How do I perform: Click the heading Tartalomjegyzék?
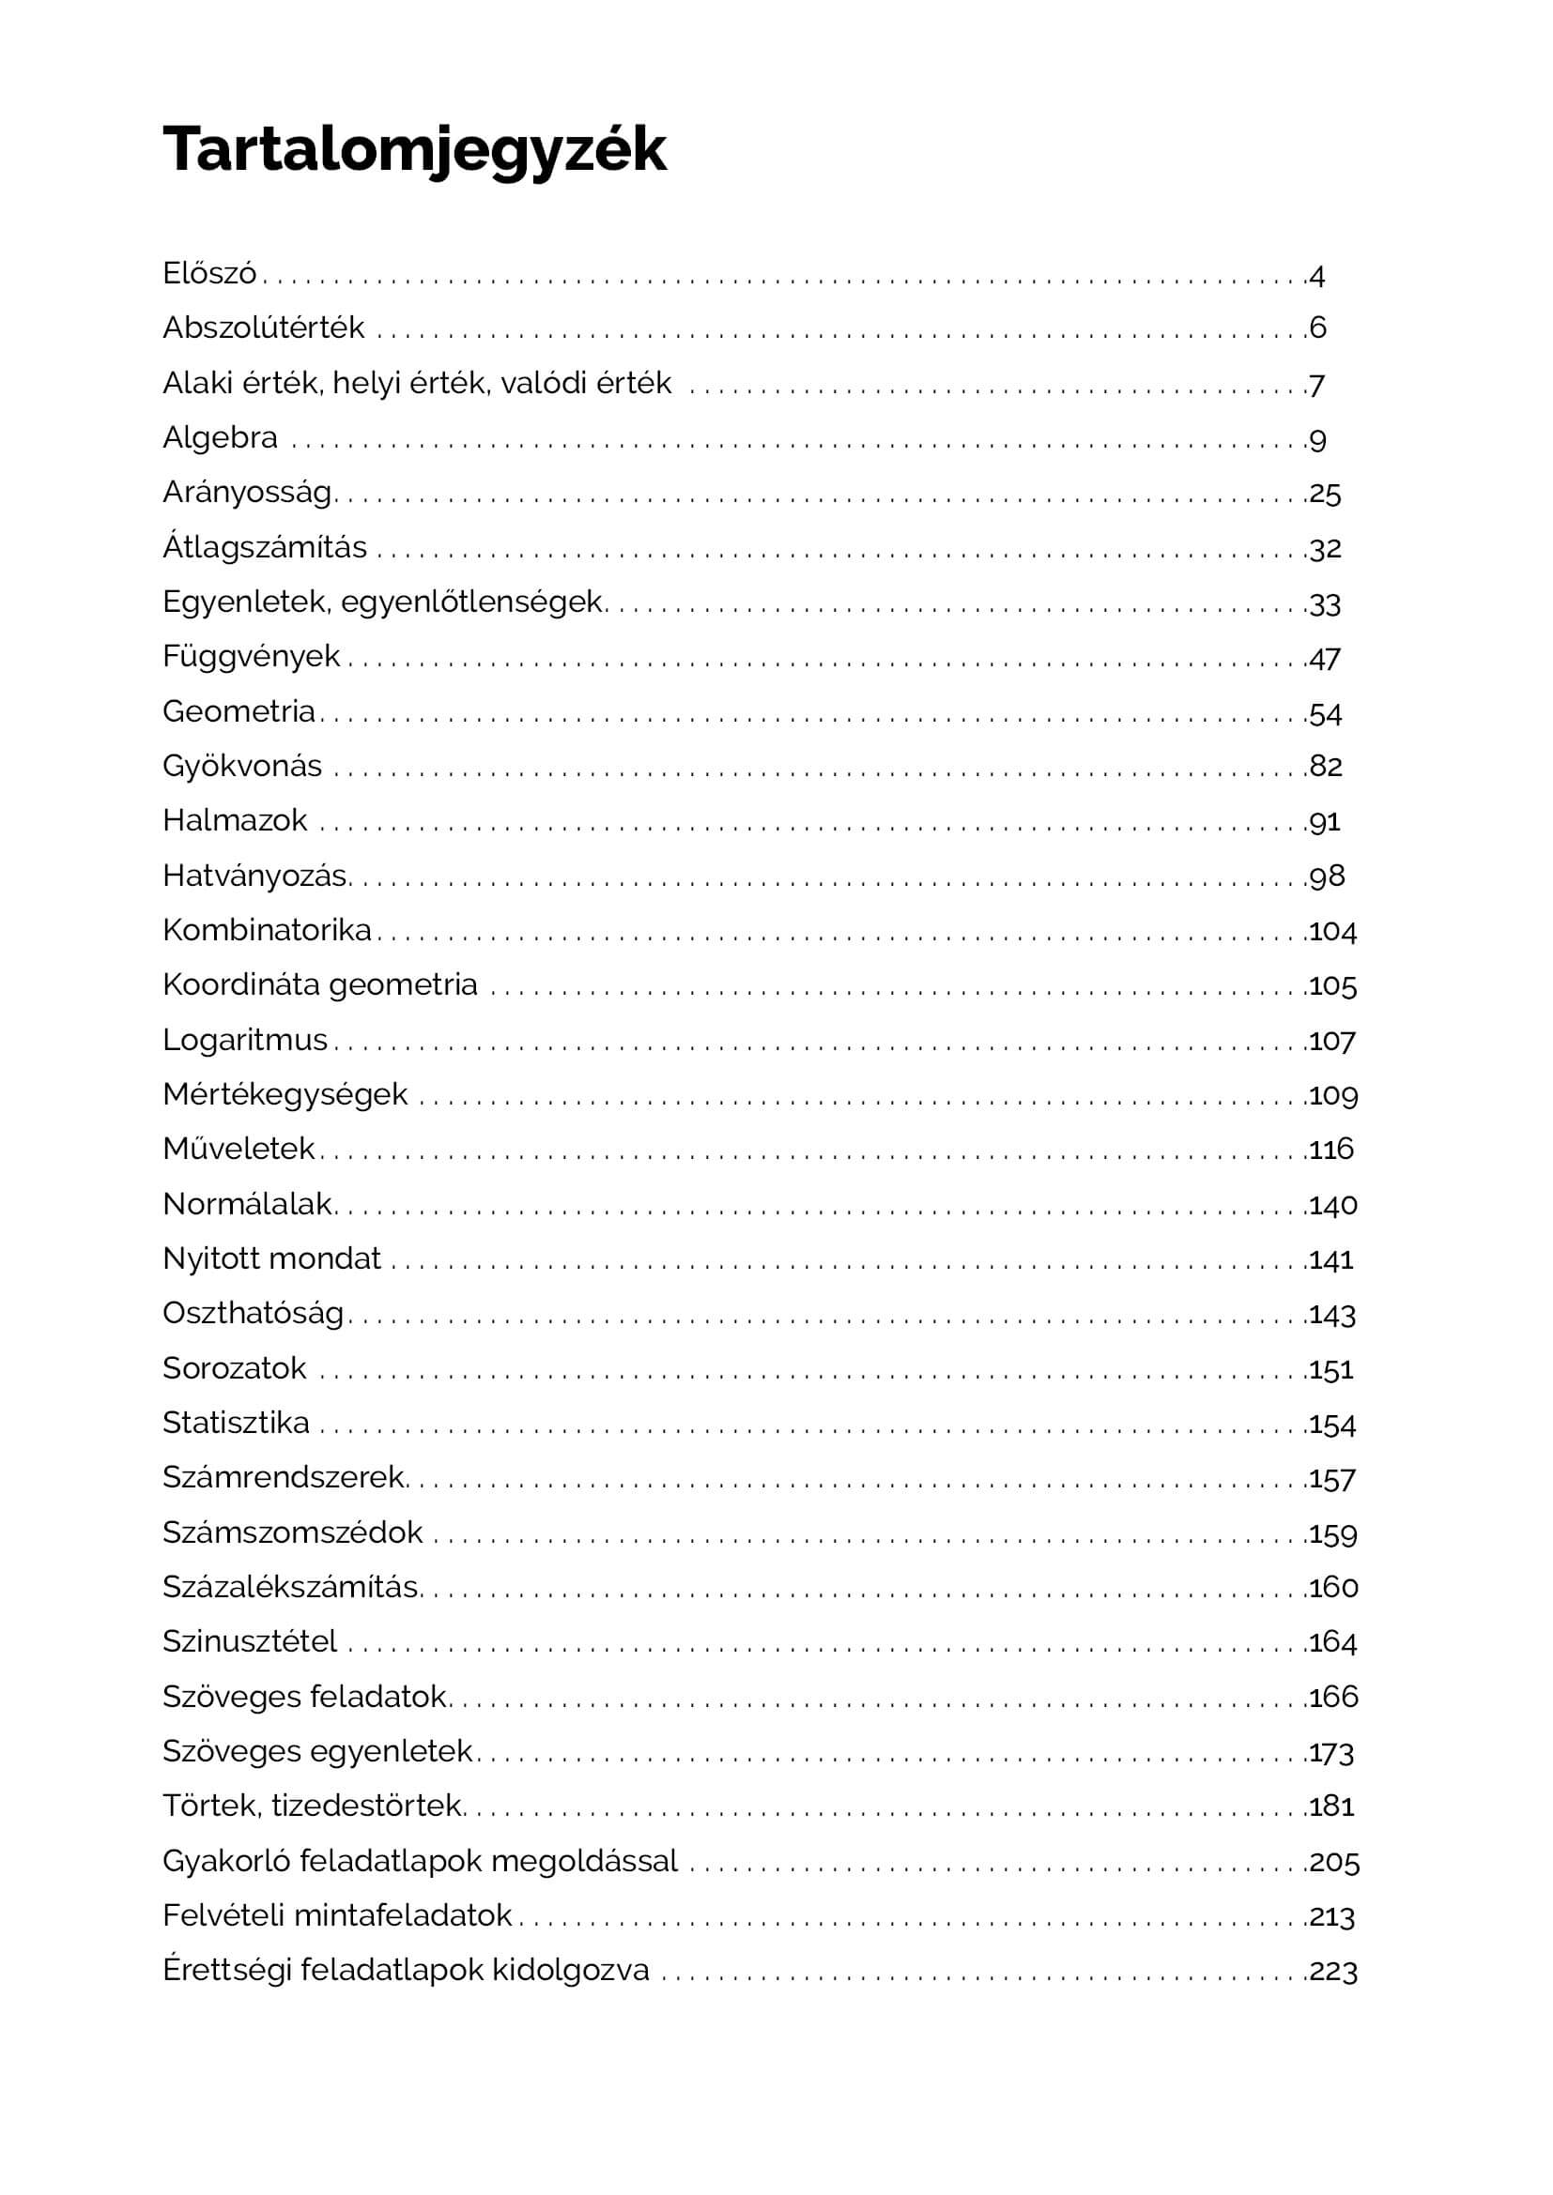(414, 149)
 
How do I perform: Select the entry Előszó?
(209, 273)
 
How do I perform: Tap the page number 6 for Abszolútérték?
(1317, 328)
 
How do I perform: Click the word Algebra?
(220, 438)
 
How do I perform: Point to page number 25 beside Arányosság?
(1325, 494)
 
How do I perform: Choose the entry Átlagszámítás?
(264, 547)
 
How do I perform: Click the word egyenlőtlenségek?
(471, 602)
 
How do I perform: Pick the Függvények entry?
(251, 656)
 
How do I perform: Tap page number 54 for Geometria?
(1325, 713)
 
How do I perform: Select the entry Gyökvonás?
(242, 766)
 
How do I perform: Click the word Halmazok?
(235, 820)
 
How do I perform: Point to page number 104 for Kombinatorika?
(1332, 931)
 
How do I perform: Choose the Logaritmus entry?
(245, 1039)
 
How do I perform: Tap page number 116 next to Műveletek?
(1331, 1150)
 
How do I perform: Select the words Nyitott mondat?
(271, 1258)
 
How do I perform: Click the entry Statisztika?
(236, 1423)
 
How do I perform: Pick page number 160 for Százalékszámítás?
(1333, 1587)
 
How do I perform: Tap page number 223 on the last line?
(1333, 1972)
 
